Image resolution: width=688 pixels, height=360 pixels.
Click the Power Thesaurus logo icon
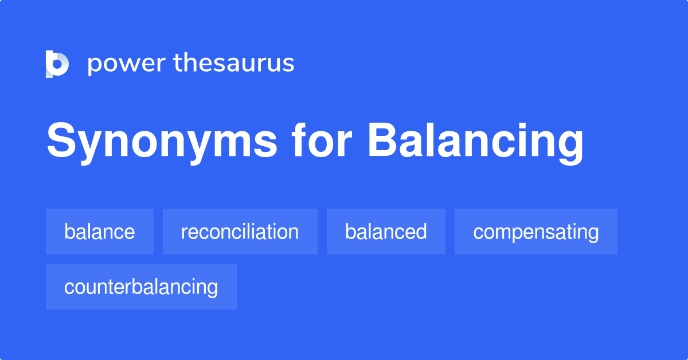(x=57, y=64)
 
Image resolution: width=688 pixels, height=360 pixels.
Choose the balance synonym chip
(x=100, y=232)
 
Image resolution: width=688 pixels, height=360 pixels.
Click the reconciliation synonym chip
(x=240, y=232)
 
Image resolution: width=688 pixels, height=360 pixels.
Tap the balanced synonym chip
(x=386, y=232)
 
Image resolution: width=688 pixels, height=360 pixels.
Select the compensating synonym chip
(x=535, y=232)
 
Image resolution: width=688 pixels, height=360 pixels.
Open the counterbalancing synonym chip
(x=141, y=287)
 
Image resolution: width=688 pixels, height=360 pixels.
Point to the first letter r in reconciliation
(x=184, y=233)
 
